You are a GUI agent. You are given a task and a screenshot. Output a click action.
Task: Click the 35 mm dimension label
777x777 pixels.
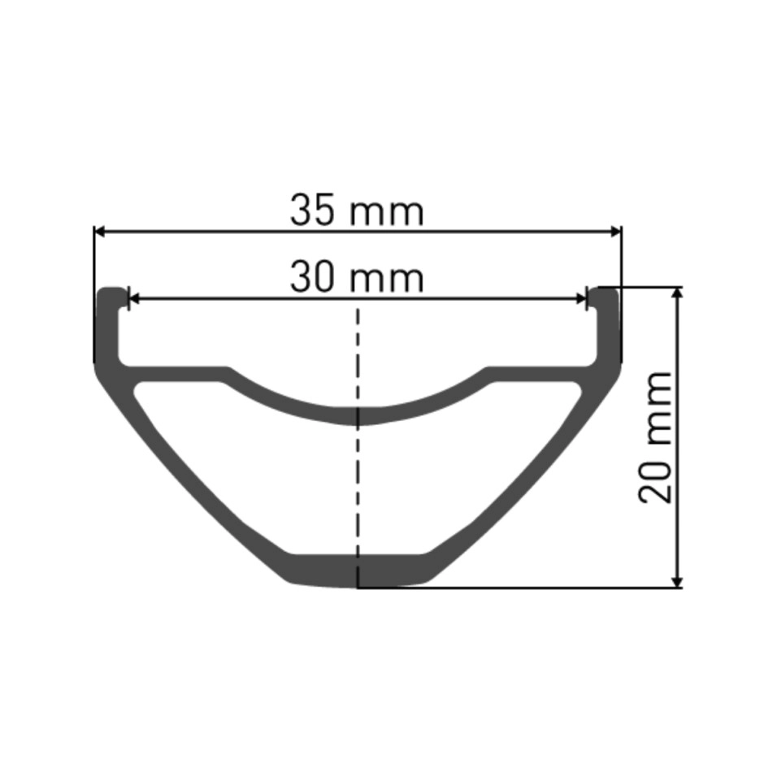357,211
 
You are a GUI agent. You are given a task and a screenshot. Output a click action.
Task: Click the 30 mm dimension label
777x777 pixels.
357,278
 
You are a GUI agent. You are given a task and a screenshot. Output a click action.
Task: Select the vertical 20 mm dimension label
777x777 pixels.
655,437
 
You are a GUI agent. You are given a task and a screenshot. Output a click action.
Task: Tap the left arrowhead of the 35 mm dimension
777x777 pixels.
100,231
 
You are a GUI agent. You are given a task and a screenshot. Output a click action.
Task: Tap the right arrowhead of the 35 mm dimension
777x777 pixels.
615,231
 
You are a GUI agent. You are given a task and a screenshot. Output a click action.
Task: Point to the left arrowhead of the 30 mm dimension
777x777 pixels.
134,299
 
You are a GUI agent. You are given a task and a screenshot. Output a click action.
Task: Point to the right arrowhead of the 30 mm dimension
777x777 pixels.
581,299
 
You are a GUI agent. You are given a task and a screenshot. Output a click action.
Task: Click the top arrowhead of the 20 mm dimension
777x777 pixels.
679,293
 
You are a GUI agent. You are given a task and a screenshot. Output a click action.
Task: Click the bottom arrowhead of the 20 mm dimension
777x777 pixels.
679,582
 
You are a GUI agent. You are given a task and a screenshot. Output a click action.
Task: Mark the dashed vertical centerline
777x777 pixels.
358,446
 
